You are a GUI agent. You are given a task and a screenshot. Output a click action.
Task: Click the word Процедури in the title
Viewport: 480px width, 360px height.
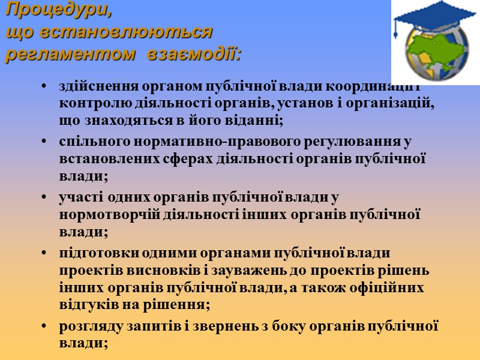58,10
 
